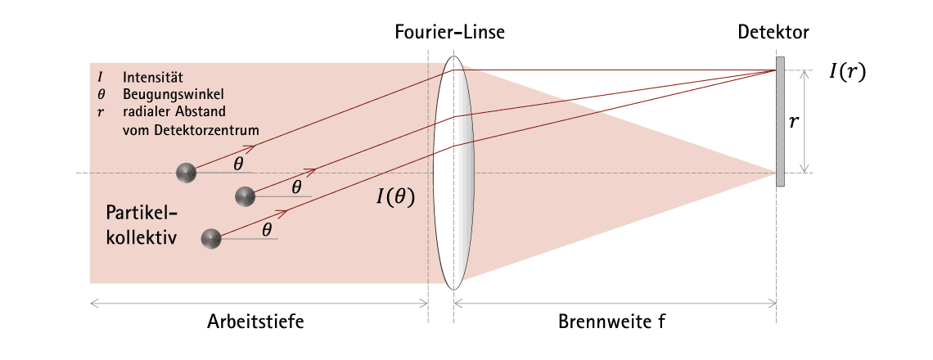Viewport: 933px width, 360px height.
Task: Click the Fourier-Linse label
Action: click(449, 32)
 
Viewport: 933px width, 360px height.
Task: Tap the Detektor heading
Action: click(773, 32)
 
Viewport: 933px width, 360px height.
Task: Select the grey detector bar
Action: click(780, 121)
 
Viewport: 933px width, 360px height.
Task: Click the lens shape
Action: click(454, 173)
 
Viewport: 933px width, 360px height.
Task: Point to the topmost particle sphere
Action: click(187, 173)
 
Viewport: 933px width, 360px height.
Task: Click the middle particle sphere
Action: click(246, 196)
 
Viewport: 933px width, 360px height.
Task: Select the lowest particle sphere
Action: click(211, 239)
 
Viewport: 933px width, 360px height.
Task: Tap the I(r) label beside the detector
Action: click(847, 71)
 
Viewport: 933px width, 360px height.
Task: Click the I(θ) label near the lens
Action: click(395, 196)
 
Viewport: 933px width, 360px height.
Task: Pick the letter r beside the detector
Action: click(793, 123)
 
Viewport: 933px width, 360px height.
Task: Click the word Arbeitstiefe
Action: click(255, 322)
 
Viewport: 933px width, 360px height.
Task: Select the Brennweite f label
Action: click(611, 322)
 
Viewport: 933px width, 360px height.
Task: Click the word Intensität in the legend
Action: click(152, 78)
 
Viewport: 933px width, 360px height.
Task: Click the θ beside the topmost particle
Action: click(238, 164)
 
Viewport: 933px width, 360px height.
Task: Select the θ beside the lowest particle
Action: click(267, 230)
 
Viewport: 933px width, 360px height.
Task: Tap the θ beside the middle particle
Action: click(296, 187)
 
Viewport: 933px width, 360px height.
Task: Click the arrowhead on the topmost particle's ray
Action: click(250, 146)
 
